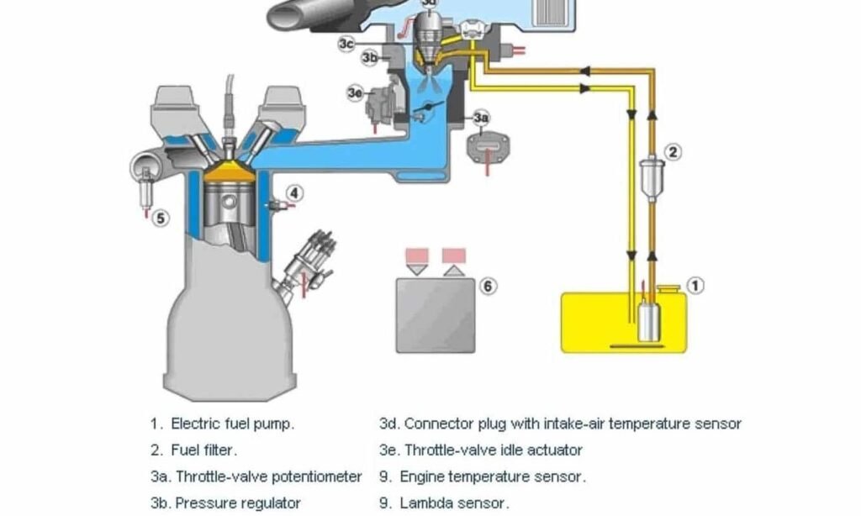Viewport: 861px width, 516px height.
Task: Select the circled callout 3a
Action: (x=481, y=118)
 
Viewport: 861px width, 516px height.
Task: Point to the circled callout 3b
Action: (x=370, y=58)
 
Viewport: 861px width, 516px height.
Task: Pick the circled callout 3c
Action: (x=347, y=44)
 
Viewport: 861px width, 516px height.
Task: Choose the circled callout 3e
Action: (x=355, y=93)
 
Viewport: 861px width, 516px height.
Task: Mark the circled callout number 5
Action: (x=161, y=219)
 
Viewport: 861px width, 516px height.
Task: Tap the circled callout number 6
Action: (x=488, y=286)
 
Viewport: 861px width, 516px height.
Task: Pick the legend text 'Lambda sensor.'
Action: (x=454, y=503)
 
